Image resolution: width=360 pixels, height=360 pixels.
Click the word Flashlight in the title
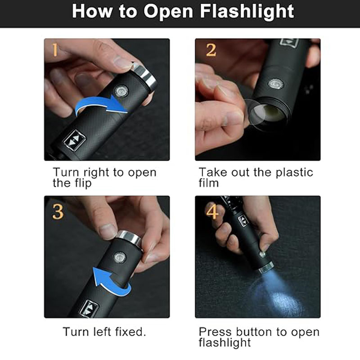pos(247,12)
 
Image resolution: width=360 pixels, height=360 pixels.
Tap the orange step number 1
pos(54,49)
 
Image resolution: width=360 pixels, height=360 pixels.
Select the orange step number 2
pos(211,50)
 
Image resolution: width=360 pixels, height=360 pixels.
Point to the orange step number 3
pos(58,211)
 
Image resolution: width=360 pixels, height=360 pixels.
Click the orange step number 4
pos(211,211)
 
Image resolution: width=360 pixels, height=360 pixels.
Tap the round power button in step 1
pos(121,91)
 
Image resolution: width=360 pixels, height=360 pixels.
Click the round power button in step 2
pos(276,84)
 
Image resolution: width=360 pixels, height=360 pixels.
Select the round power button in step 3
pos(120,257)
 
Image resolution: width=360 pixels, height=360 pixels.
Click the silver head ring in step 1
pos(144,76)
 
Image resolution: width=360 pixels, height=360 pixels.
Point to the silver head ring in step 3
pos(129,238)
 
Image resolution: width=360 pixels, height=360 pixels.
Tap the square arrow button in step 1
pos(74,140)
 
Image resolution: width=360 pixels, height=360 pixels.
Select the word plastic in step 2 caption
pos(294,172)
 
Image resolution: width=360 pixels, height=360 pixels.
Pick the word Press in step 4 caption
pos(216,332)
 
